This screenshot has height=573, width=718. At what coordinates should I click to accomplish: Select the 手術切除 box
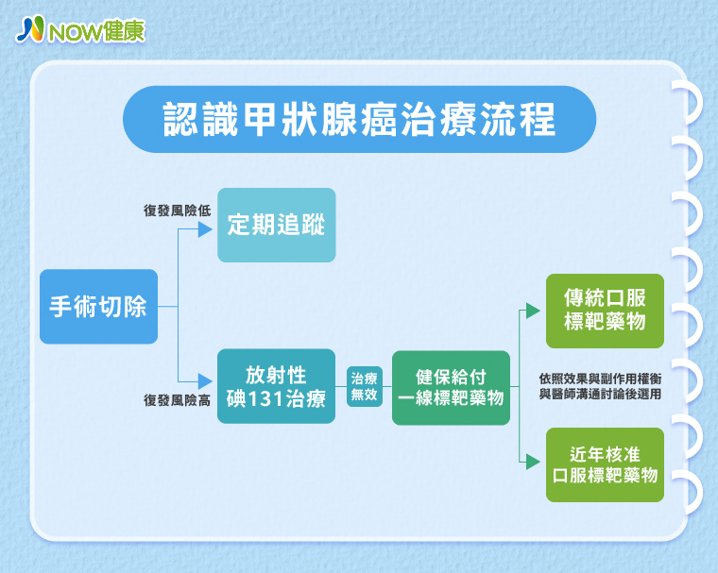coord(98,306)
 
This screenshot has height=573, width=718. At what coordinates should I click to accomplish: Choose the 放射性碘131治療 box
coord(276,385)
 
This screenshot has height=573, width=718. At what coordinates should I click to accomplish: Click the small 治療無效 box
coord(364,385)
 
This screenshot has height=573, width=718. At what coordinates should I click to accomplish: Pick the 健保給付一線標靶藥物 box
coord(451,386)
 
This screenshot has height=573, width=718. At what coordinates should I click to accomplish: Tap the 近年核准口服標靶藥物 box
coord(605,463)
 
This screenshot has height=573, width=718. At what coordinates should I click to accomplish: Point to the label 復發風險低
coord(177,211)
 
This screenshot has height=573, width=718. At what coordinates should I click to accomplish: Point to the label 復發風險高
coord(177,400)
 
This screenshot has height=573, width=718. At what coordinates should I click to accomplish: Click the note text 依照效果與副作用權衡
coord(599,377)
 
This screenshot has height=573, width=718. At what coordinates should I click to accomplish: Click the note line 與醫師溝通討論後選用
coord(599,394)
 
